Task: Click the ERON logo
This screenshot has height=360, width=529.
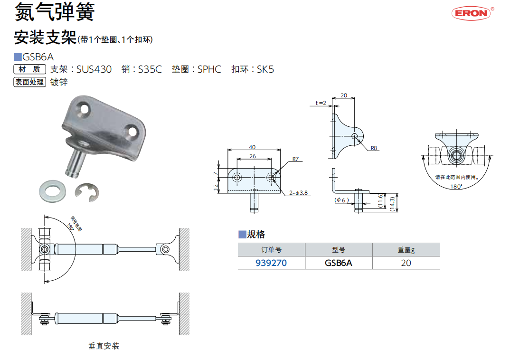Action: click(472, 13)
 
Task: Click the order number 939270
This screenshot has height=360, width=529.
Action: click(271, 263)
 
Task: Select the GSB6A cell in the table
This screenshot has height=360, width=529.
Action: click(339, 263)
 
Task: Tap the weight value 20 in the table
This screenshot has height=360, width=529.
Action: click(406, 263)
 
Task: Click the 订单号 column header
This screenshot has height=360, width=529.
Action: click(271, 250)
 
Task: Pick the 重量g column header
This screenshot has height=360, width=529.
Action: click(406, 250)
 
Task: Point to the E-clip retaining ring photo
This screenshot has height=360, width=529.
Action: click(87, 192)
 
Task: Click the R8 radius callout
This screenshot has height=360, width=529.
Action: click(374, 148)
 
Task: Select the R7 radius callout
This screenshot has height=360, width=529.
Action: click(295, 159)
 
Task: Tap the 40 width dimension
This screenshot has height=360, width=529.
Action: click(252, 147)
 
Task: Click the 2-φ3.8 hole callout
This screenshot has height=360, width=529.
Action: click(299, 193)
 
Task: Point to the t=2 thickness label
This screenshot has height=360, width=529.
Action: click(321, 103)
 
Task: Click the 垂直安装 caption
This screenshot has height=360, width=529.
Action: click(104, 346)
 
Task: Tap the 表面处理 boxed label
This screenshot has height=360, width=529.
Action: click(29, 82)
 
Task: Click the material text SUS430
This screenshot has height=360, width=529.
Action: click(94, 69)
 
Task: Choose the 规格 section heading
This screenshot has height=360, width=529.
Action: click(256, 234)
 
